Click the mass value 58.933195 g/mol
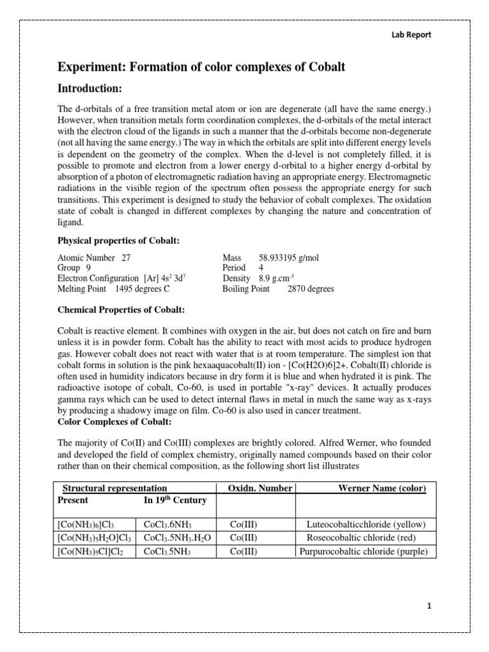(x=290, y=258)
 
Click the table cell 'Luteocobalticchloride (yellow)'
(x=366, y=525)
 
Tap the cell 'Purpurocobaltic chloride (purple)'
(x=366, y=551)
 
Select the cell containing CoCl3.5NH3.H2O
(x=177, y=538)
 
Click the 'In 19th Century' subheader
(x=175, y=500)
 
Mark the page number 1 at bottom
(x=429, y=606)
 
